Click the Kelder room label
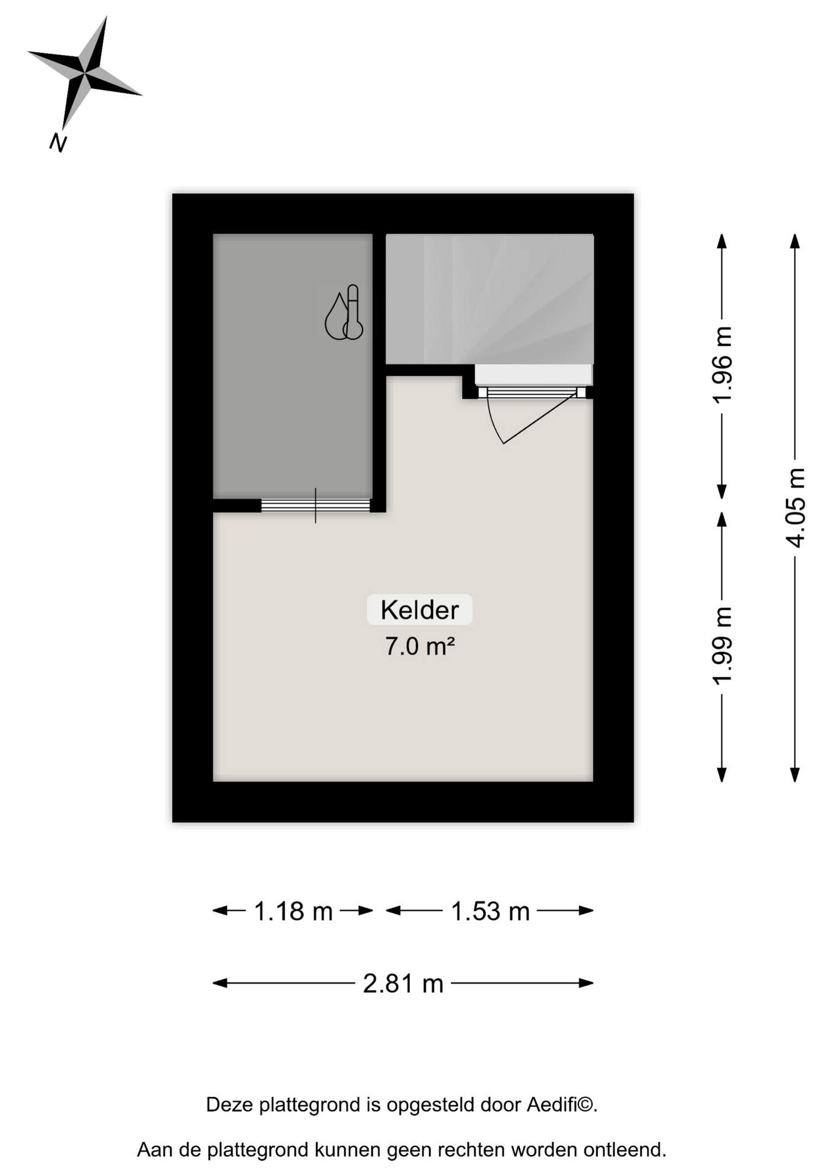pyautogui.click(x=420, y=609)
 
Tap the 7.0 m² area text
pyautogui.click(x=420, y=646)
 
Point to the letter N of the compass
pyautogui.click(x=58, y=143)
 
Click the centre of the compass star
pyautogui.click(x=85, y=74)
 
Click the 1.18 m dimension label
pyautogui.click(x=293, y=911)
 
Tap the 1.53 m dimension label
pyautogui.click(x=490, y=911)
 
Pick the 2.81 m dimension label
pyautogui.click(x=403, y=984)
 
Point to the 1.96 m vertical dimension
pyautogui.click(x=722, y=364)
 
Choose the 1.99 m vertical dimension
pyautogui.click(x=722, y=646)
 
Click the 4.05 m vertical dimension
pyautogui.click(x=795, y=508)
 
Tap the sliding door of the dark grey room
pyautogui.click(x=316, y=505)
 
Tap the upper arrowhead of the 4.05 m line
pyautogui.click(x=795, y=241)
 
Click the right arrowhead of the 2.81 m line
pyautogui.click(x=586, y=983)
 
